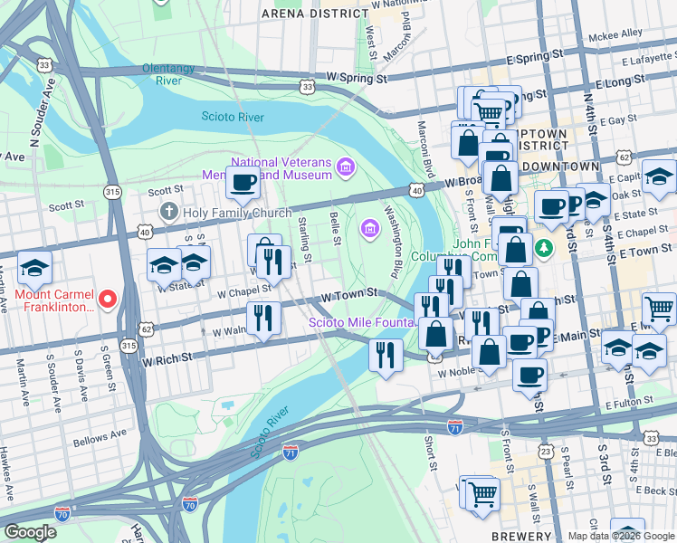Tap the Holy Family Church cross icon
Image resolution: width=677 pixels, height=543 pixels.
[x=168, y=213]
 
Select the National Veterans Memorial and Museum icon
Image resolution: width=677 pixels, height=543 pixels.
[x=344, y=167]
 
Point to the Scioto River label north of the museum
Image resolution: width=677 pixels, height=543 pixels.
[x=233, y=117]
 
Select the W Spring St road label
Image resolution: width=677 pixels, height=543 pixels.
[x=357, y=79]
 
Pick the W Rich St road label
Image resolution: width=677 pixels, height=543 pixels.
[x=167, y=358]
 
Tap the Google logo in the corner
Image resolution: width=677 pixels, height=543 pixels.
[x=30, y=531]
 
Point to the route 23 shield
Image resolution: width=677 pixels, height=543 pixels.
[x=546, y=451]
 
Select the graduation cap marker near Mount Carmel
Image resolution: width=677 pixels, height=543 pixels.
[x=34, y=268]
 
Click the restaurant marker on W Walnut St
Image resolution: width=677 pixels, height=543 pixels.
[x=263, y=319]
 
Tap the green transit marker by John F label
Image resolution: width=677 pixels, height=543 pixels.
[x=543, y=246]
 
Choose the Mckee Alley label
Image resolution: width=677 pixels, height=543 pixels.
[x=615, y=33]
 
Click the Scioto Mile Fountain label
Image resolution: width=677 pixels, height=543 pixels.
[x=362, y=322]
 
